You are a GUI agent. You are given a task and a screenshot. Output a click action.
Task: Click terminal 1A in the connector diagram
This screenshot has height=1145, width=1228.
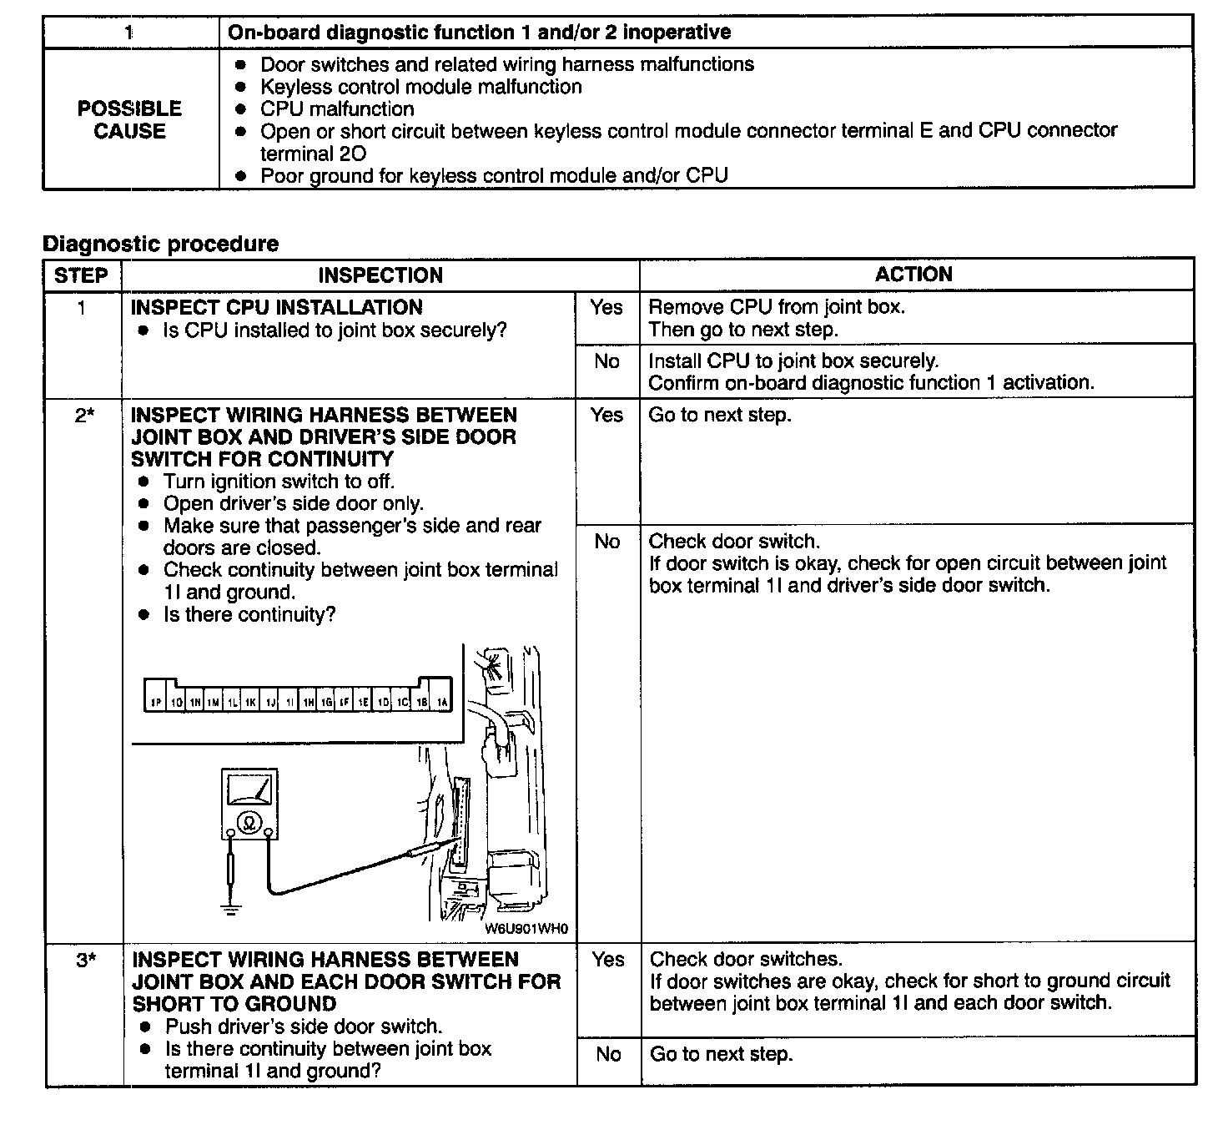click(x=441, y=703)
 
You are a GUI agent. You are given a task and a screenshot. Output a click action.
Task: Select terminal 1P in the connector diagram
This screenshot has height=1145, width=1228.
click(x=155, y=703)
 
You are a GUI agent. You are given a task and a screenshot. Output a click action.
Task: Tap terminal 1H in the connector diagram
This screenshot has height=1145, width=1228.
click(x=308, y=703)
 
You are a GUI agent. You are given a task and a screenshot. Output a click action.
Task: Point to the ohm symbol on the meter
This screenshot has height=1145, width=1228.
click(x=249, y=824)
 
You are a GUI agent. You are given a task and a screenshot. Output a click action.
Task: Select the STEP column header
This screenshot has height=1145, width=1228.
click(x=82, y=275)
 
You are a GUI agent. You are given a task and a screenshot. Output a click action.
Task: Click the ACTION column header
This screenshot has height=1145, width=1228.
click(x=913, y=274)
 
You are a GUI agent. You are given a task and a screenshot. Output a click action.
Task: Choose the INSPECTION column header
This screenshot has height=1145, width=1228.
click(x=380, y=275)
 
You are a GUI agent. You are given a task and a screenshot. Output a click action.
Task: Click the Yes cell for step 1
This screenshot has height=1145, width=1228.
click(x=606, y=308)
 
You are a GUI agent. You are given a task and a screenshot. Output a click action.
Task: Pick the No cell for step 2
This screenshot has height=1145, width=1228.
click(x=607, y=542)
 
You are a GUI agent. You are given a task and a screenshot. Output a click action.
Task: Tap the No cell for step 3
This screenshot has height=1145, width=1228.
click(x=608, y=1055)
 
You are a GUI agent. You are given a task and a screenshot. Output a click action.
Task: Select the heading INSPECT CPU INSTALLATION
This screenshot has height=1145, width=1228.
click(x=277, y=307)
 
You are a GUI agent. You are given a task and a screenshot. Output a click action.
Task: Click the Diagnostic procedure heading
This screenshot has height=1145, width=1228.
click(x=160, y=244)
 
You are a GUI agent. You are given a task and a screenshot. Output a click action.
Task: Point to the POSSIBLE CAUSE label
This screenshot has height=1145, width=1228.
click(x=129, y=119)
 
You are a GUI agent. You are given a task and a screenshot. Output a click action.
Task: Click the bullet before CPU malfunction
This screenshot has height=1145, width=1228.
click(x=241, y=109)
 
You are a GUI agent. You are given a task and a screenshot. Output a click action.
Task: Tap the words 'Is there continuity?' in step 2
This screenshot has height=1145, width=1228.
click(x=249, y=615)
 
